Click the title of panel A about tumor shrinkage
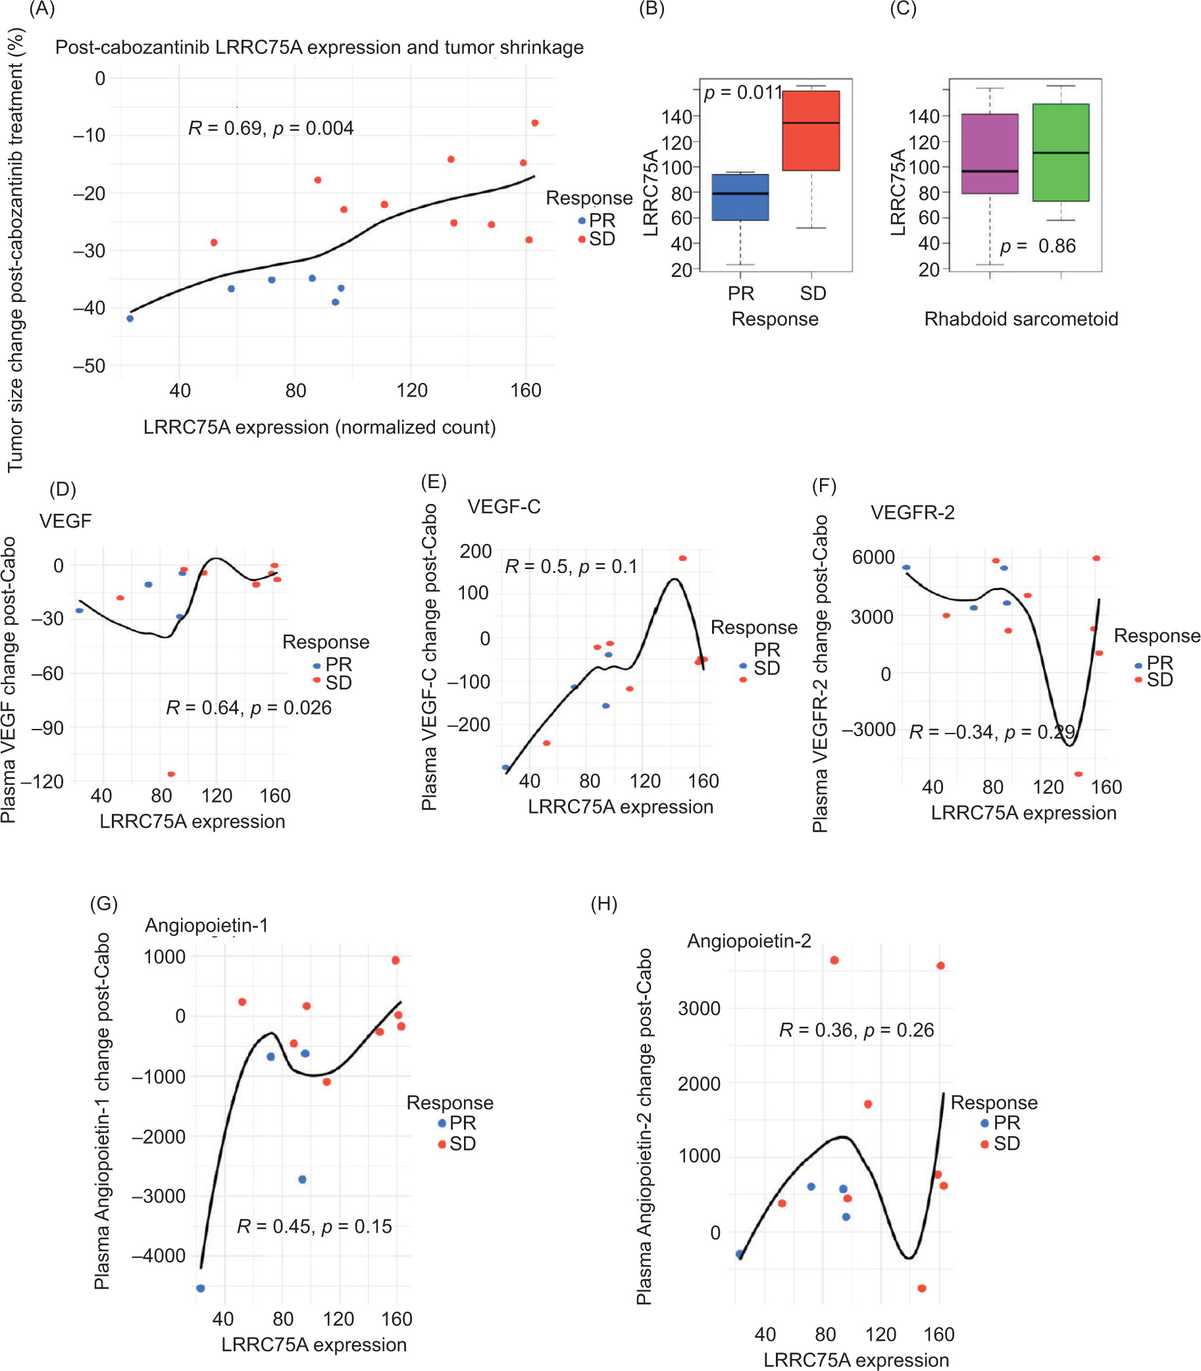click(x=319, y=47)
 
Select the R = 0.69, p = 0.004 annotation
click(x=270, y=128)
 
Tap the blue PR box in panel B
click(x=740, y=197)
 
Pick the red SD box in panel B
click(x=811, y=131)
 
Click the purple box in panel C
click(x=989, y=154)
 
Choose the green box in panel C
click(x=1060, y=153)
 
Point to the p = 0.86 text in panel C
click(x=1038, y=247)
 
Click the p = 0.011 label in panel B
click(x=742, y=93)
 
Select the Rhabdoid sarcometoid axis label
click(x=1021, y=319)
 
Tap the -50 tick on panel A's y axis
click(x=89, y=366)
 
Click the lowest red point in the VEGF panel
click(x=172, y=774)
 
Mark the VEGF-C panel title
click(x=504, y=507)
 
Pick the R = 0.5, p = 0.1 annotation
click(x=571, y=567)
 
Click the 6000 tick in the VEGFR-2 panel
click(x=873, y=557)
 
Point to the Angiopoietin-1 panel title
click(x=207, y=926)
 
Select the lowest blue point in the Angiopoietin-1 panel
click(x=201, y=1288)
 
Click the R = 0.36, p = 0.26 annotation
click(x=856, y=1030)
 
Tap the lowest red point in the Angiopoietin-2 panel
click(x=921, y=1288)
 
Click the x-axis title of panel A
click(x=319, y=428)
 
